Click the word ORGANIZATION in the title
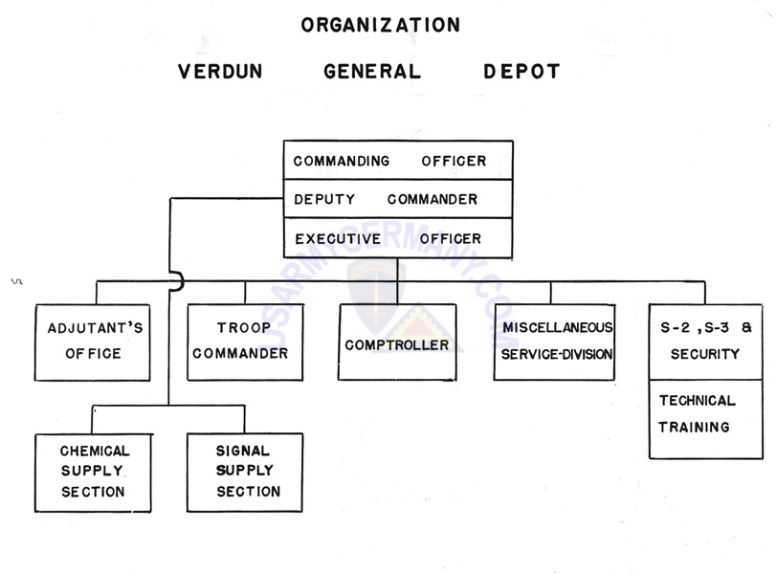pyautogui.click(x=381, y=25)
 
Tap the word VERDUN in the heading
pyautogui.click(x=220, y=71)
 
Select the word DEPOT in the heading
pyautogui.click(x=521, y=71)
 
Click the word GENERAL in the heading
pyautogui.click(x=372, y=71)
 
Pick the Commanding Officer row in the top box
pyautogui.click(x=398, y=161)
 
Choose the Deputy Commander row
pyautogui.click(x=398, y=199)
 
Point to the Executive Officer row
pyautogui.click(x=398, y=238)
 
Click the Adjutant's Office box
pyautogui.click(x=93, y=342)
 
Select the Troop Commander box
pyautogui.click(x=245, y=342)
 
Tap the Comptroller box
pyautogui.click(x=397, y=342)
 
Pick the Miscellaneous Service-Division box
pyautogui.click(x=554, y=342)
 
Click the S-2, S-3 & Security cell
pyautogui.click(x=706, y=342)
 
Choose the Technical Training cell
pyautogui.click(x=706, y=419)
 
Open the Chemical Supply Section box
pyautogui.click(x=93, y=473)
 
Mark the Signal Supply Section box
pyautogui.click(x=245, y=473)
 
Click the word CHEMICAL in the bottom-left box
pyautogui.click(x=95, y=451)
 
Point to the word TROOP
pyautogui.click(x=243, y=327)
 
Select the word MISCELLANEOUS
pyautogui.click(x=558, y=327)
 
